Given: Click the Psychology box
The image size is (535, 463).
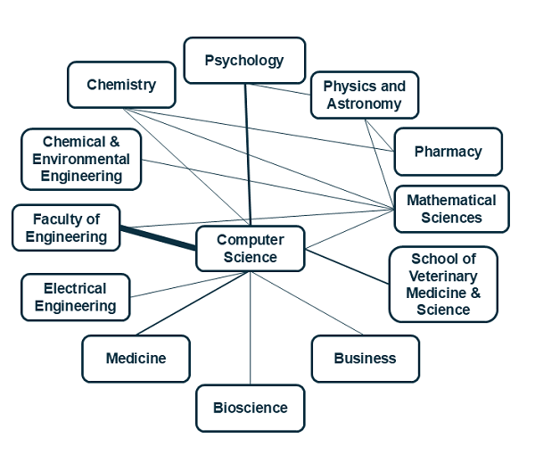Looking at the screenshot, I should click(x=244, y=61).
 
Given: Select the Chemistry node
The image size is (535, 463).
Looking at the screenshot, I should click(x=121, y=85).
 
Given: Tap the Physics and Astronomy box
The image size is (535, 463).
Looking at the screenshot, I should click(x=364, y=95).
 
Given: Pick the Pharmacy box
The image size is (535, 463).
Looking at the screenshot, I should click(x=448, y=152).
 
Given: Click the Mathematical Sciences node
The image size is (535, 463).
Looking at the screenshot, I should click(x=451, y=210).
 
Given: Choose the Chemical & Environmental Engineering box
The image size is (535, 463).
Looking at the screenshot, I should click(x=81, y=160).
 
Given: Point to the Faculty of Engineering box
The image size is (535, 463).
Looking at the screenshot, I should click(x=66, y=227).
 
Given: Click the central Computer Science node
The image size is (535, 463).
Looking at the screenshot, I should click(x=250, y=249).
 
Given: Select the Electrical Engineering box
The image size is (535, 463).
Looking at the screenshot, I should click(x=75, y=297).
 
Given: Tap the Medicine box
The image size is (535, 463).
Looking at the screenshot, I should click(x=136, y=359).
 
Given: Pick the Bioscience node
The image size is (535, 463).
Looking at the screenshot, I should click(x=250, y=408).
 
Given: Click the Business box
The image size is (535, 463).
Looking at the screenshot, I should click(x=365, y=359).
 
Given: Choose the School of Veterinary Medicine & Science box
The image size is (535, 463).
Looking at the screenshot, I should click(x=443, y=285).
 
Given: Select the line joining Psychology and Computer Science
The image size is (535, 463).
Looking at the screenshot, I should click(x=248, y=152).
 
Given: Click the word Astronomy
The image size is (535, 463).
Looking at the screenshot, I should click(x=364, y=103).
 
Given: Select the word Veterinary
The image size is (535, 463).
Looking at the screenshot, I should click(x=443, y=276).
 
